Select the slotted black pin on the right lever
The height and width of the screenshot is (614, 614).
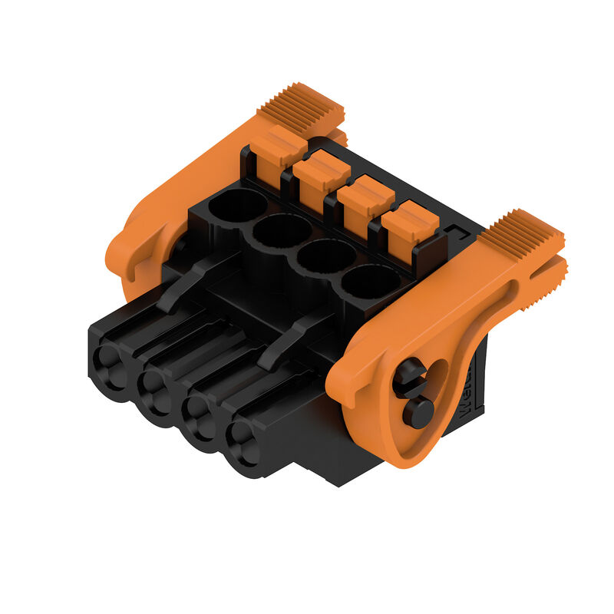tap(411, 376)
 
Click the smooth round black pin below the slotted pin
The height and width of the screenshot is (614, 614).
tap(418, 412)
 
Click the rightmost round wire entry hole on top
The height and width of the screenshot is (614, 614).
tap(370, 282)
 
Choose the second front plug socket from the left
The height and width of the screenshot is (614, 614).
tap(157, 389)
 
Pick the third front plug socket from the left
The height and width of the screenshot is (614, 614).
tap(201, 417)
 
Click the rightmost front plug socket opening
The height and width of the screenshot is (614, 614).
tap(245, 444)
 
